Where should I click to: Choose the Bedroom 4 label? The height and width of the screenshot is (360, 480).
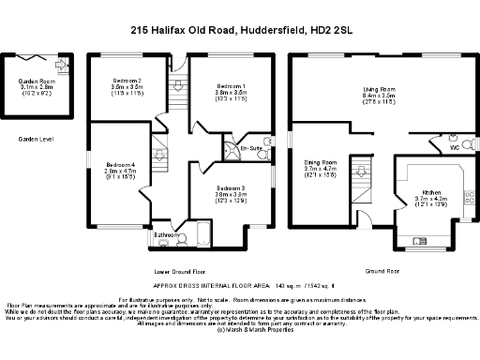120,170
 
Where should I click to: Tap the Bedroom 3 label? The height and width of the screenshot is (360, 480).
232,192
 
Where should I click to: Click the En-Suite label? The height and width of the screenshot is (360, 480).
252,149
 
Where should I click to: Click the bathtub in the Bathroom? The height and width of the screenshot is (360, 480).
198,237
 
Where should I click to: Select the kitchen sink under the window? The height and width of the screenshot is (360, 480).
424,235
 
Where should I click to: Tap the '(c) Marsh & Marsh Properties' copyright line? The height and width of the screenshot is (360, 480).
238,330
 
